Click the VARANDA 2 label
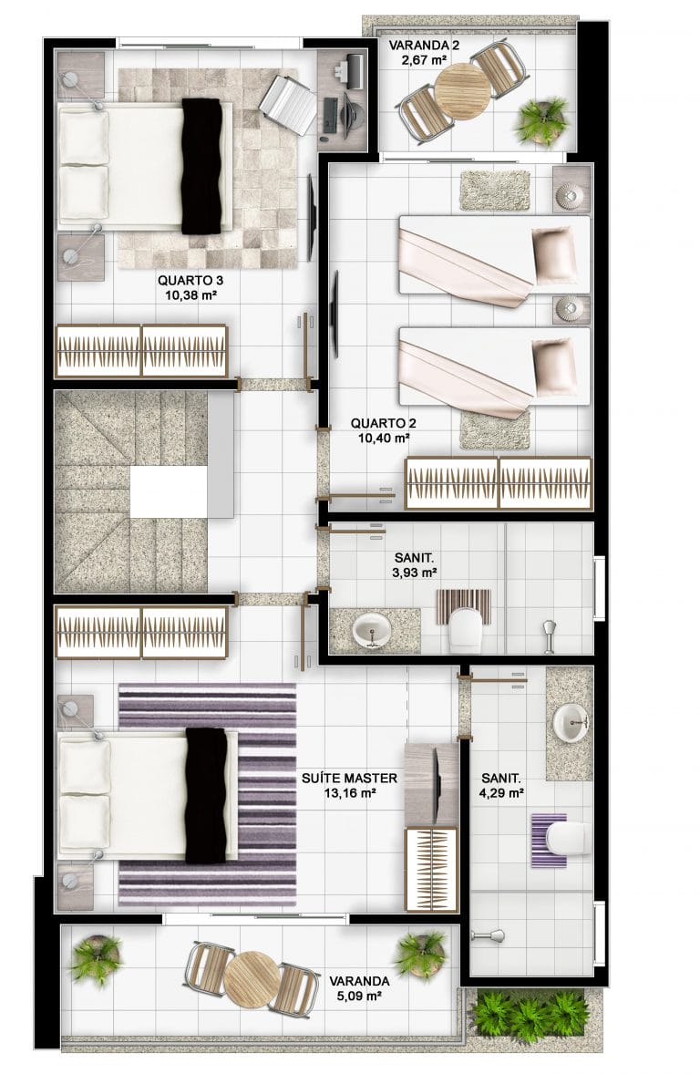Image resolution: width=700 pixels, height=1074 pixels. click(x=424, y=46)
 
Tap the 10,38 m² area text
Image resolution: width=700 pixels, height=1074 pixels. click(x=190, y=295)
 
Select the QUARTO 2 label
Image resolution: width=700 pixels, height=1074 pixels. click(x=383, y=424)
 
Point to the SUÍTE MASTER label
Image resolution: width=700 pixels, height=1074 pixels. click(x=349, y=778)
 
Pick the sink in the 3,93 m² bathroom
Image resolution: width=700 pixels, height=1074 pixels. click(x=372, y=629)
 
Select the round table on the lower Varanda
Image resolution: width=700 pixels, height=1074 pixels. click(x=252, y=978)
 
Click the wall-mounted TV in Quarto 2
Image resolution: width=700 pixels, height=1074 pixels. click(x=335, y=315)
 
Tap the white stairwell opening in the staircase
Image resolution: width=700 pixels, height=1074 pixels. click(x=169, y=491)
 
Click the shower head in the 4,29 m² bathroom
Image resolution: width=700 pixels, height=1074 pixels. click(x=488, y=935)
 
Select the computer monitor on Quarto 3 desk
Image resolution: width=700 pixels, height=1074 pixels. click(x=356, y=69)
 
